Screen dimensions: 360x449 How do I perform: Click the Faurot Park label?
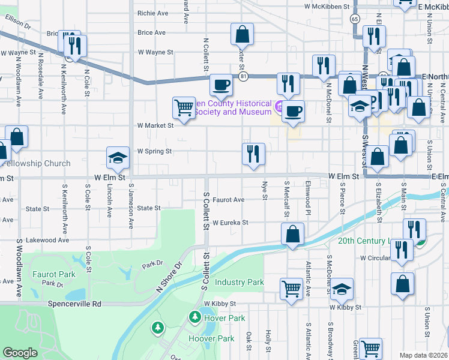coord(54,274)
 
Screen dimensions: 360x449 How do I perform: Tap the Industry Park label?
coord(239,282)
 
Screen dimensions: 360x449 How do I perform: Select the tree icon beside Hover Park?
coord(194,316)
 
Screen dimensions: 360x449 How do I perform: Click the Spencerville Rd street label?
coord(76,304)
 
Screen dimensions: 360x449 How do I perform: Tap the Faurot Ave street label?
coord(228,200)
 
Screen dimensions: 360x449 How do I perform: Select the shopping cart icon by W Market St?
coord(184,109)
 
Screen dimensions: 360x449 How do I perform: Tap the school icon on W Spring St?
coord(118,158)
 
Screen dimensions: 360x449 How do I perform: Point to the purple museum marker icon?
coord(278,107)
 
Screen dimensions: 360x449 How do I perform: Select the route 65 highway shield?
coord(355,19)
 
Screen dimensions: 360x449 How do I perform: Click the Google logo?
coord(20,353)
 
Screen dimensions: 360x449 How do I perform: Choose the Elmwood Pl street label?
coord(307,197)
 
